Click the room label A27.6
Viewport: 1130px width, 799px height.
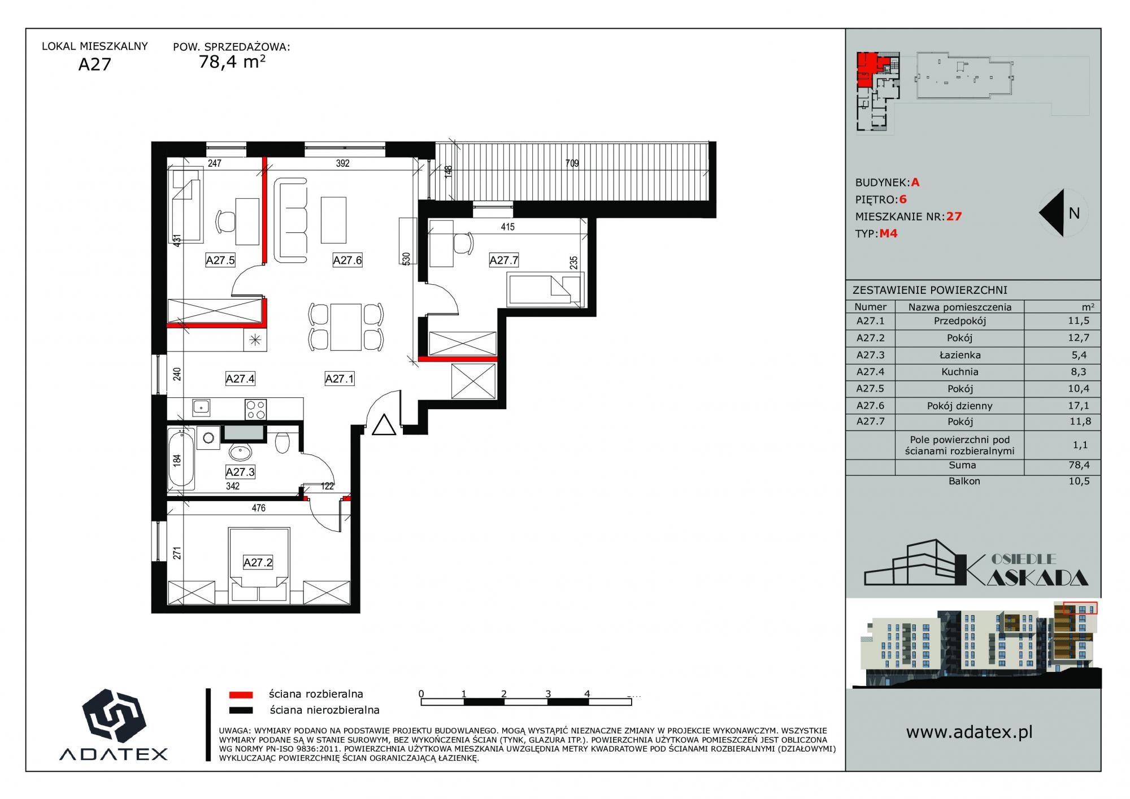(347, 260)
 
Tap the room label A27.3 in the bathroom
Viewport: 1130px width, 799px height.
(240, 472)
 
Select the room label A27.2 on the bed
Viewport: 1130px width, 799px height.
(258, 562)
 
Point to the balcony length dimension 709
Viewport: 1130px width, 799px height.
(572, 163)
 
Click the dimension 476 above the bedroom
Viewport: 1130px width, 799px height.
(258, 508)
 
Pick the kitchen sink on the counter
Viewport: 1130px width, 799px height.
(201, 406)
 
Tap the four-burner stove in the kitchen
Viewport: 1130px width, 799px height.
(255, 409)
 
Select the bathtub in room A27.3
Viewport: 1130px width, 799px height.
(181, 459)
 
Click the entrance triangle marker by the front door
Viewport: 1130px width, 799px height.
(384, 425)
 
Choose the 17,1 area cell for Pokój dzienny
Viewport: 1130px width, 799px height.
(1079, 405)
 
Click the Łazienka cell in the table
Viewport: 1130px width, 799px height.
(959, 355)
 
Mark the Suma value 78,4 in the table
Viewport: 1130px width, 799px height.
(1079, 465)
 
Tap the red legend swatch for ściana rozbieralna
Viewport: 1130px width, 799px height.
(241, 694)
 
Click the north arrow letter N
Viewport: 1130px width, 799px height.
(1074, 213)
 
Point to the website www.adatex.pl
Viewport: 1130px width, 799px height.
(970, 732)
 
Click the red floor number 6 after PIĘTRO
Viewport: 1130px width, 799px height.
(903, 199)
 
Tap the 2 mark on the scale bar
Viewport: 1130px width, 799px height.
(503, 694)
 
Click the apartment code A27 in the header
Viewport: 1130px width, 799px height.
(94, 64)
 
